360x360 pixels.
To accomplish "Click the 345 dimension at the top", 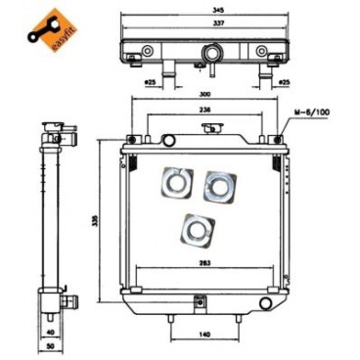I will tap(204, 9).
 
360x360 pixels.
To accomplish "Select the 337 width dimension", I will tap(204, 22).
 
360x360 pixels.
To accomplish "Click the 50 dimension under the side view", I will tap(51, 346).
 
